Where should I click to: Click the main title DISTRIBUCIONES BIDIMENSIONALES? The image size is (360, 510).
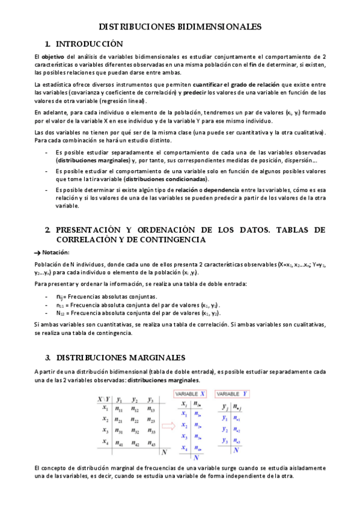(x=180, y=26)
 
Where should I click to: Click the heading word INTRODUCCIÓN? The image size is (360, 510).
(x=89, y=44)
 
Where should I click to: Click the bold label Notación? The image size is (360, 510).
(x=56, y=252)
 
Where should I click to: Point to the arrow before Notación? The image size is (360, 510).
(x=38, y=253)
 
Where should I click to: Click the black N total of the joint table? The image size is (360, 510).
(x=165, y=453)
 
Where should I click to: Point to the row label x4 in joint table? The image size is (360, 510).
(x=105, y=442)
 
